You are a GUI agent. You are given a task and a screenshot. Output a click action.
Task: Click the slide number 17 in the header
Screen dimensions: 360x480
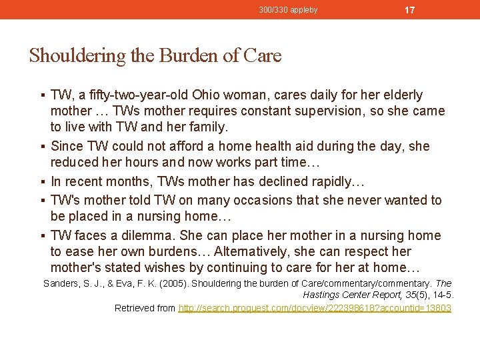point(410,10)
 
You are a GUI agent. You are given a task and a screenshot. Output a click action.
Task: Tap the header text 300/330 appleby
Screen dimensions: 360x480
point(288,10)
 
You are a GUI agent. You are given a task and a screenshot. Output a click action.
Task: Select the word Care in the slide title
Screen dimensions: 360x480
point(263,55)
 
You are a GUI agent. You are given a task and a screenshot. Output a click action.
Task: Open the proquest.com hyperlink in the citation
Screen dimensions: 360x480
point(315,308)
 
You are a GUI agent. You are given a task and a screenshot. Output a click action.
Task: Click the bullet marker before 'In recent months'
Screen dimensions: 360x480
point(43,182)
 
